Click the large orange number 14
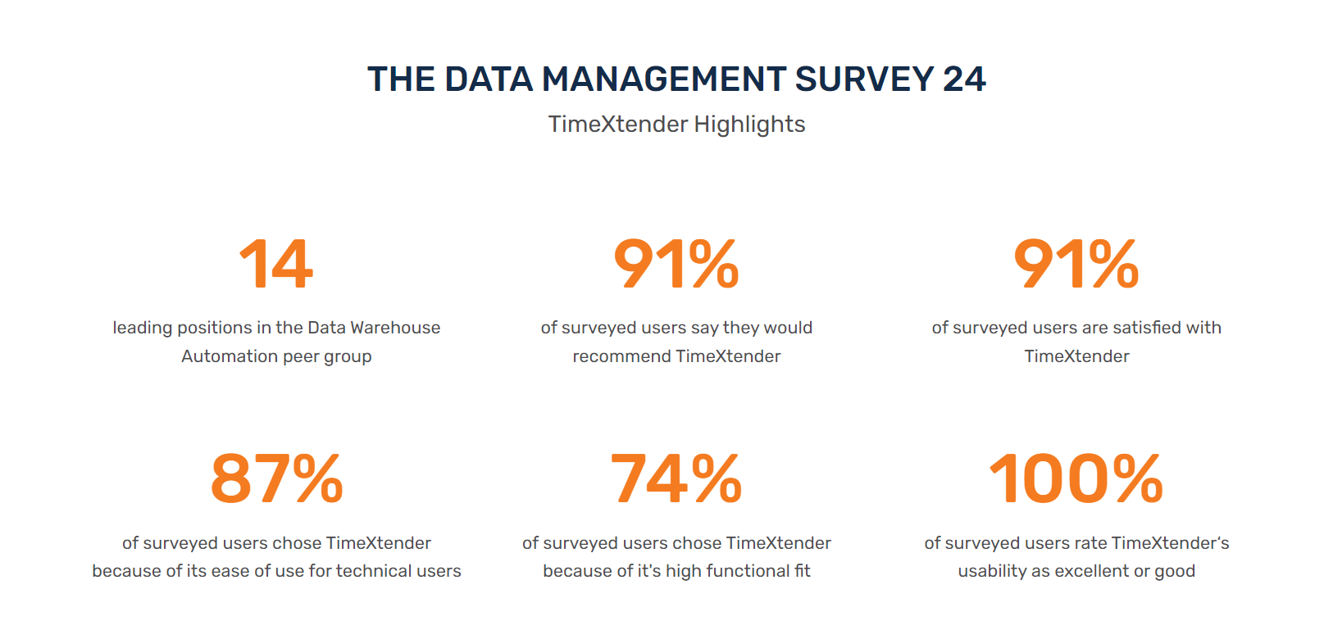[276, 265]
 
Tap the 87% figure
[276, 479]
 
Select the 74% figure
[676, 479]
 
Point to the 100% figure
[1076, 479]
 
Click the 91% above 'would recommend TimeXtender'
[676, 265]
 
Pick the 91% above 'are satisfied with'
[1076, 265]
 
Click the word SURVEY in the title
[864, 79]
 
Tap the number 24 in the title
[964, 79]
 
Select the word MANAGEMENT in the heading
[664, 79]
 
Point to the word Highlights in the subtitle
[749, 125]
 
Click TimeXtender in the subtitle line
[618, 125]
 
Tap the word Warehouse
[395, 328]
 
